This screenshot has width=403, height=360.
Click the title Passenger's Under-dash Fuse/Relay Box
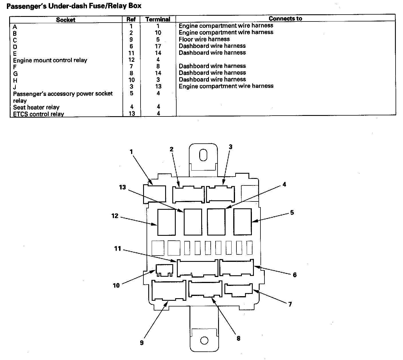[x=74, y=6]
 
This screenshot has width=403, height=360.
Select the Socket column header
[x=66, y=20]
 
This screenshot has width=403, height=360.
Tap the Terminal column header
[x=158, y=19]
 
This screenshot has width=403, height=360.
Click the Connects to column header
[x=285, y=19]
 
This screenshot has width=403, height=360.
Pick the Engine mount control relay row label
[x=50, y=60]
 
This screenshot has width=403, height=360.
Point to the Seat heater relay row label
[x=36, y=107]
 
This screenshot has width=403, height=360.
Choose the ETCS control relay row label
[x=38, y=114]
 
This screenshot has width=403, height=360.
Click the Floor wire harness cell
[x=204, y=39]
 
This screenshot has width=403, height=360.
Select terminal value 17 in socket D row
[x=158, y=46]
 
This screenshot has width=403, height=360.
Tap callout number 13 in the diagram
[x=123, y=187]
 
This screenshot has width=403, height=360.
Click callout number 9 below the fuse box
[x=142, y=343]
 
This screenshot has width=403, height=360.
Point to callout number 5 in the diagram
[x=292, y=213]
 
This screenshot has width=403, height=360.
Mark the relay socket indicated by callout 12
[x=166, y=222]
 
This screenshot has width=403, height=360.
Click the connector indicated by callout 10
[x=164, y=270]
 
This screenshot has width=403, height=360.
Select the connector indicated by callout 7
[x=238, y=289]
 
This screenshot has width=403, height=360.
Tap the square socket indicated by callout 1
[x=154, y=194]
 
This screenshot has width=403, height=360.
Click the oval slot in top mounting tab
[x=203, y=155]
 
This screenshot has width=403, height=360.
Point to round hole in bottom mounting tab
[x=204, y=341]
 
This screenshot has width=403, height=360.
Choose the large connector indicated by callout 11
[x=197, y=268]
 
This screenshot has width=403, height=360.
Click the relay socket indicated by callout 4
[x=216, y=222]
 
